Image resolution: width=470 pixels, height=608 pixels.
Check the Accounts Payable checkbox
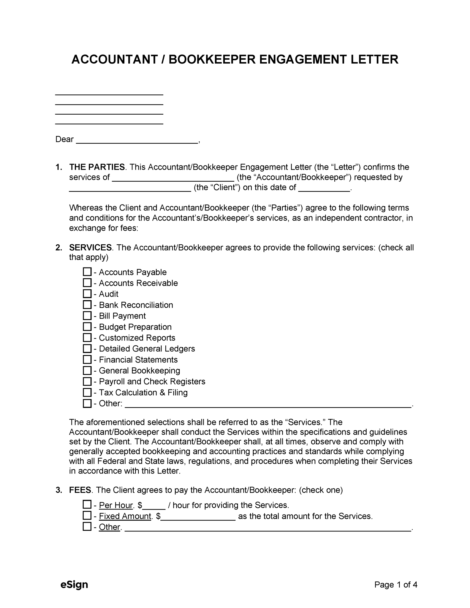point(87,272)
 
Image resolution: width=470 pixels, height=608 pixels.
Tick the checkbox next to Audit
point(87,294)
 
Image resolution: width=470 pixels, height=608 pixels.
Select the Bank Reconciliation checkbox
point(87,305)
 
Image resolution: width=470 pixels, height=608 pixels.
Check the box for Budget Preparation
point(87,327)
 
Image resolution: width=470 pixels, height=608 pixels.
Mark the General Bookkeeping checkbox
point(87,370)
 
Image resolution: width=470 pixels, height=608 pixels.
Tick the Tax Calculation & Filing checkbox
point(87,392)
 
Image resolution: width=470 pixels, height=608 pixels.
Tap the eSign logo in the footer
point(74,585)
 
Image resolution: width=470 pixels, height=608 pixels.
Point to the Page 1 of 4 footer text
point(396,585)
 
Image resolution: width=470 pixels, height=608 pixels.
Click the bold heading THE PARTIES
point(97,167)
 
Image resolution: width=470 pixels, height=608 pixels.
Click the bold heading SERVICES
point(90,247)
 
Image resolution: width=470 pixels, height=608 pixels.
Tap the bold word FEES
point(80,490)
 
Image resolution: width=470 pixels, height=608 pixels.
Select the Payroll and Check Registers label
point(152,381)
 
